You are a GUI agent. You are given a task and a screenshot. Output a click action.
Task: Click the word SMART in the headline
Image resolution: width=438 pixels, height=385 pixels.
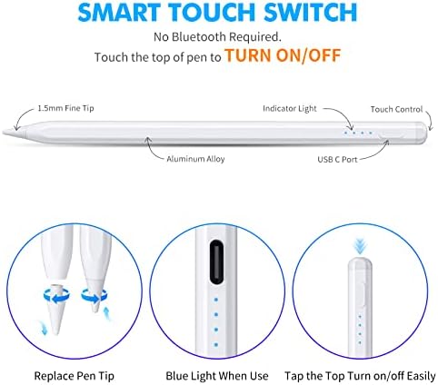point(119,12)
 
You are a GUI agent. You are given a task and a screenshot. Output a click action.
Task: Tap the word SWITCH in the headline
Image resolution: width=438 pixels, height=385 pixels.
point(311,12)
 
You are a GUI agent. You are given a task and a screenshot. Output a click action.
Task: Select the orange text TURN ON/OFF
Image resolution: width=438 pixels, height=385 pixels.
point(283,55)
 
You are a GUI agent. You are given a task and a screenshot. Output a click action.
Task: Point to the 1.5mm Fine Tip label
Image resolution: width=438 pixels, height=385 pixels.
point(65,108)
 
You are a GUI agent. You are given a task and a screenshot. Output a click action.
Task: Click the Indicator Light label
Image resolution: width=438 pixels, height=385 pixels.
point(290,109)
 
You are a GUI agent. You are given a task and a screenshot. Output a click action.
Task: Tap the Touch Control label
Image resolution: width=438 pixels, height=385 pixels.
point(396,109)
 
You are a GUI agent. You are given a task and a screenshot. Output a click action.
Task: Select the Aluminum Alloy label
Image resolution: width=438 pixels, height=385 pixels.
point(195,159)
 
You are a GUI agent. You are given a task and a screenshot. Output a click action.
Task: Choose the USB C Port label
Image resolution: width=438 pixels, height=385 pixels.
point(337,159)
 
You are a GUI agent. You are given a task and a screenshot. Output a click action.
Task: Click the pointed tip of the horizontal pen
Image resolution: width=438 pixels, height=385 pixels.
point(4,132)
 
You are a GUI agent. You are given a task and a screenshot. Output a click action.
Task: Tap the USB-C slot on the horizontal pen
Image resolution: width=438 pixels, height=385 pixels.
point(393,134)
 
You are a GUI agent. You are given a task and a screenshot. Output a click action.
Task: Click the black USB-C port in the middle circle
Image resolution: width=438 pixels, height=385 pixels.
point(216,262)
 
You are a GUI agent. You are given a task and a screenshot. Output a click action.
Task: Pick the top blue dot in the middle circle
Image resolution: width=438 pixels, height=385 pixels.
point(216,300)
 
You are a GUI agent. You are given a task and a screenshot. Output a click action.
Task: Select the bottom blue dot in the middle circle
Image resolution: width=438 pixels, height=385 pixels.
point(216,344)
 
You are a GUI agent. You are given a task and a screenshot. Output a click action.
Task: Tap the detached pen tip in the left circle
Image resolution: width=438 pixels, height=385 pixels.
point(55,309)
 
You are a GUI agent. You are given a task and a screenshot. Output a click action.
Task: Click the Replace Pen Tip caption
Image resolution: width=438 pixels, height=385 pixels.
point(75,376)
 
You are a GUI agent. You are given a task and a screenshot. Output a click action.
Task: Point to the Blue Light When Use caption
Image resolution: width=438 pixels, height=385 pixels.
point(217,376)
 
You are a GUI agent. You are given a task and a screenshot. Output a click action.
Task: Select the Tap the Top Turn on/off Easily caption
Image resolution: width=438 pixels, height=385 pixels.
point(360,376)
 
